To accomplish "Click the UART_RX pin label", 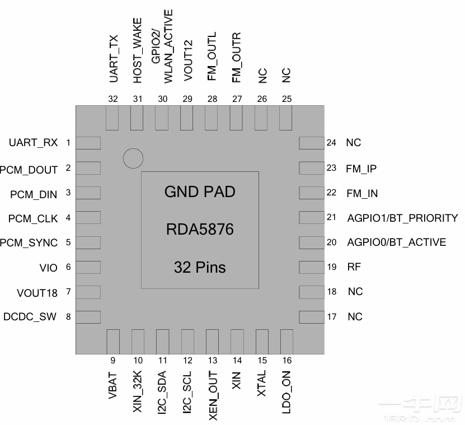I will pyautogui.click(x=33, y=143).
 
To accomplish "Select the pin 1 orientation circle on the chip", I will pyautogui.click(x=133, y=158).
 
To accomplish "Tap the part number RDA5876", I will pyautogui.click(x=200, y=230).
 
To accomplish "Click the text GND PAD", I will pyautogui.click(x=200, y=192).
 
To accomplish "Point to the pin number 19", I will pyautogui.click(x=331, y=267).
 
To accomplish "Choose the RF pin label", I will pyautogui.click(x=354, y=267).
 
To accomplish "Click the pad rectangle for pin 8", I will pyautogui.click(x=88, y=316).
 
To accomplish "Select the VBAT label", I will pyautogui.click(x=113, y=385).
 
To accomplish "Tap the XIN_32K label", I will pyautogui.click(x=138, y=393).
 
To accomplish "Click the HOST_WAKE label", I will pyautogui.click(x=138, y=50).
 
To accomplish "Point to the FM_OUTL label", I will pyautogui.click(x=212, y=57).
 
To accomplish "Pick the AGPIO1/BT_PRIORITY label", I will pyautogui.click(x=402, y=218).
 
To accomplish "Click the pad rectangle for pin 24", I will pyautogui.click(x=312, y=143).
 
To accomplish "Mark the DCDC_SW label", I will pyautogui.click(x=30, y=317).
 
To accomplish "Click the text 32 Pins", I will pyautogui.click(x=200, y=267).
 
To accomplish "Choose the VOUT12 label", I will pyautogui.click(x=187, y=61).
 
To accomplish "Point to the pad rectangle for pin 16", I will pyautogui.click(x=286, y=342).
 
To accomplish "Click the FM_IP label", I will pyautogui.click(x=361, y=169).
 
